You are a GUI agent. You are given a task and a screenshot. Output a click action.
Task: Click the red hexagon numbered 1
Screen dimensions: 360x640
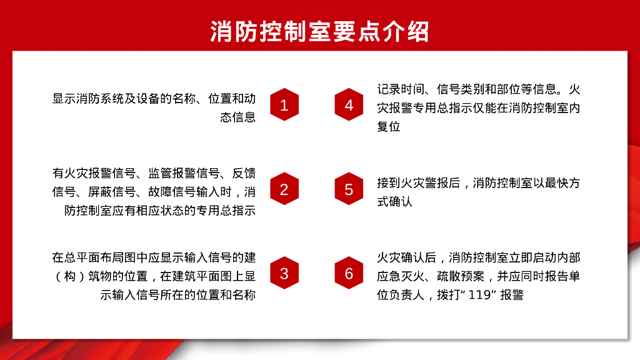pos(284,104)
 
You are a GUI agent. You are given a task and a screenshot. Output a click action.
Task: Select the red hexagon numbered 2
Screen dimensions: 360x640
pos(284,189)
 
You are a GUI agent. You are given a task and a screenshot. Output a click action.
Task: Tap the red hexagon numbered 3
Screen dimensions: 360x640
pos(284,273)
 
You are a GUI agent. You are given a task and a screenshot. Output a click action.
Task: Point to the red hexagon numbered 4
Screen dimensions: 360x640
pos(349,104)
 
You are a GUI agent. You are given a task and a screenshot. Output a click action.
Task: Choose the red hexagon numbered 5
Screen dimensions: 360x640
pos(349,189)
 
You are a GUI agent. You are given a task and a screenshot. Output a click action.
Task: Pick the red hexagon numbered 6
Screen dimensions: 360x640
pos(349,273)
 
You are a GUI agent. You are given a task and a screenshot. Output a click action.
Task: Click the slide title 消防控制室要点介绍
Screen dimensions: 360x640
pos(319,30)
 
